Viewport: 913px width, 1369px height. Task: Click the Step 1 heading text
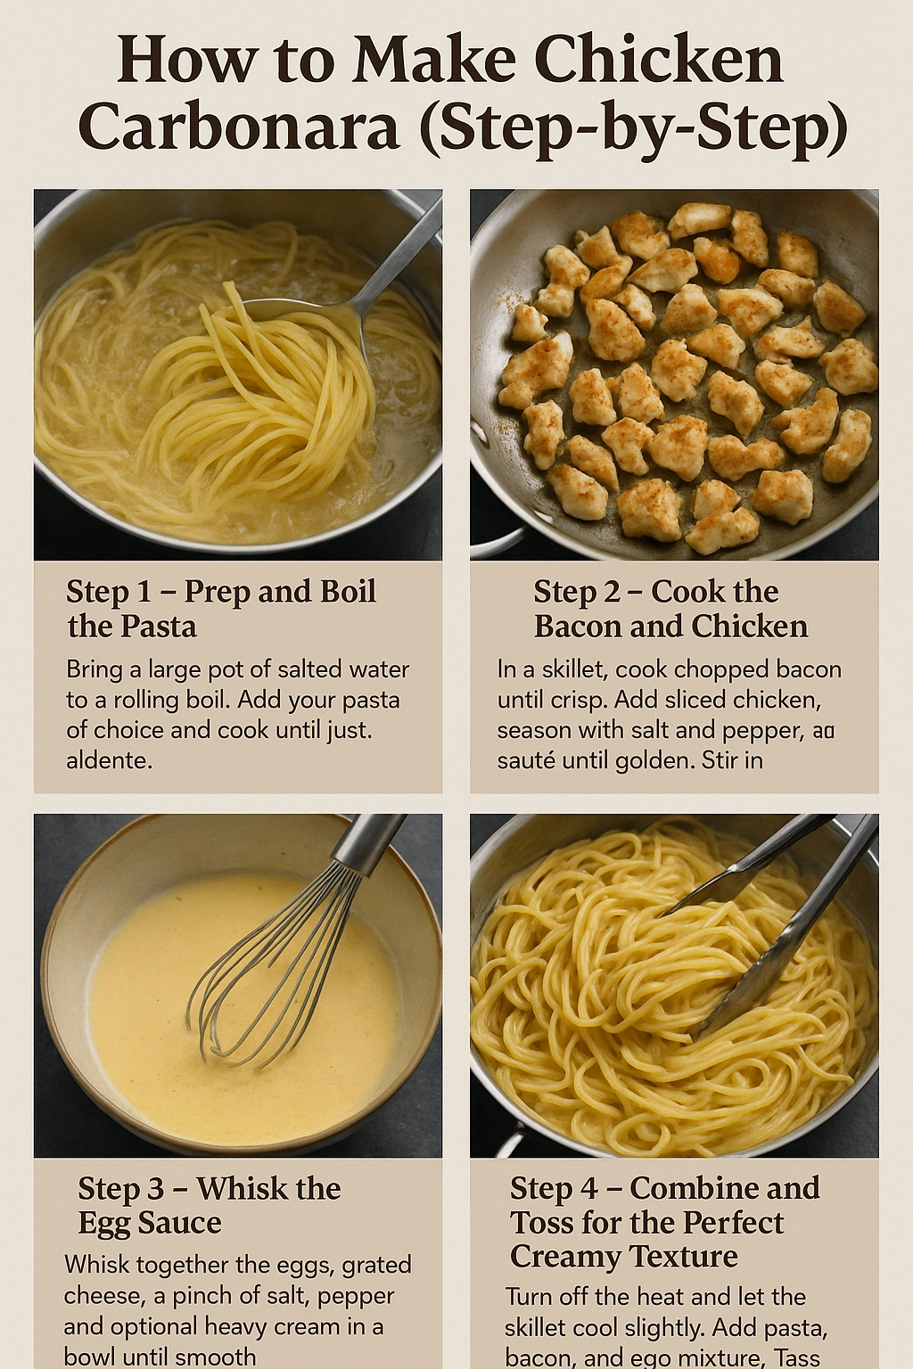(x=221, y=609)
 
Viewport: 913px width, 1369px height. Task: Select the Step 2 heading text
(x=670, y=609)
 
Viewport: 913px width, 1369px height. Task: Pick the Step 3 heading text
(x=209, y=1205)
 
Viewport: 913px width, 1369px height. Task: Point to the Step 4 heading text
(x=664, y=1222)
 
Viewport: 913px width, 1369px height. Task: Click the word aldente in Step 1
(x=108, y=760)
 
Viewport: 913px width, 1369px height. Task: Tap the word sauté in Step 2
(x=526, y=760)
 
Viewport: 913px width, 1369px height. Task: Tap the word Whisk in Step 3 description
(x=96, y=1265)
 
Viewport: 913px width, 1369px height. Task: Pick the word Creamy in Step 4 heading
(x=567, y=1257)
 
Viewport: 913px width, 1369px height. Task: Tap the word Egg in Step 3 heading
(x=102, y=1223)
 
